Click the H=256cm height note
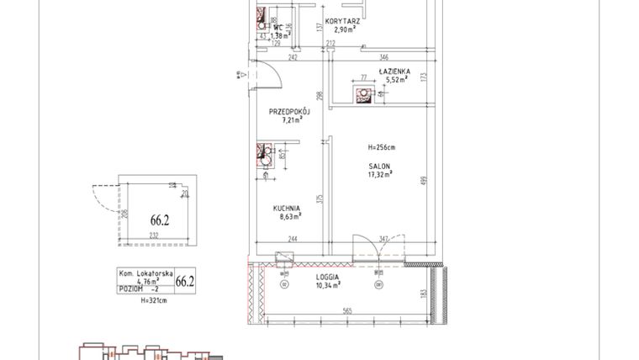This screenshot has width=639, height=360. pyautogui.click(x=381, y=147)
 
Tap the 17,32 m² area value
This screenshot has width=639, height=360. pyautogui.click(x=380, y=176)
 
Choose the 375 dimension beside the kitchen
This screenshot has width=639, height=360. pyautogui.click(x=319, y=199)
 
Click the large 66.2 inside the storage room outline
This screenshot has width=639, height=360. pyautogui.click(x=159, y=221)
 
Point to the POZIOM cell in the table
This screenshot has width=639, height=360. pyautogui.click(x=130, y=289)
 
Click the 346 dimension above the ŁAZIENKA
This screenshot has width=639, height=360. pyautogui.click(x=385, y=57)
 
